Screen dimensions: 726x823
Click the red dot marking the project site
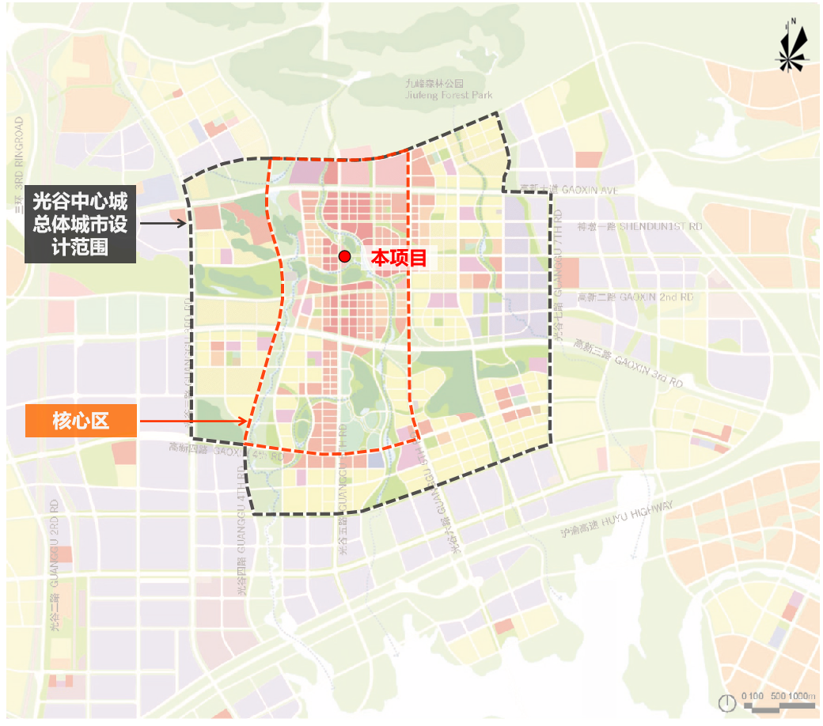point(344,255)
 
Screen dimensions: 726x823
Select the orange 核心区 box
point(82,420)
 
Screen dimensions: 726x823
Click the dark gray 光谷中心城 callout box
point(80,224)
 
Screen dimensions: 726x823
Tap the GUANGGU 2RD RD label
point(55,565)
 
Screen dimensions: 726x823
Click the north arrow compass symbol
point(792,47)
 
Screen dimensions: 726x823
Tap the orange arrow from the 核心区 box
point(194,421)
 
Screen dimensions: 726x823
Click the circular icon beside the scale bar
point(726,701)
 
